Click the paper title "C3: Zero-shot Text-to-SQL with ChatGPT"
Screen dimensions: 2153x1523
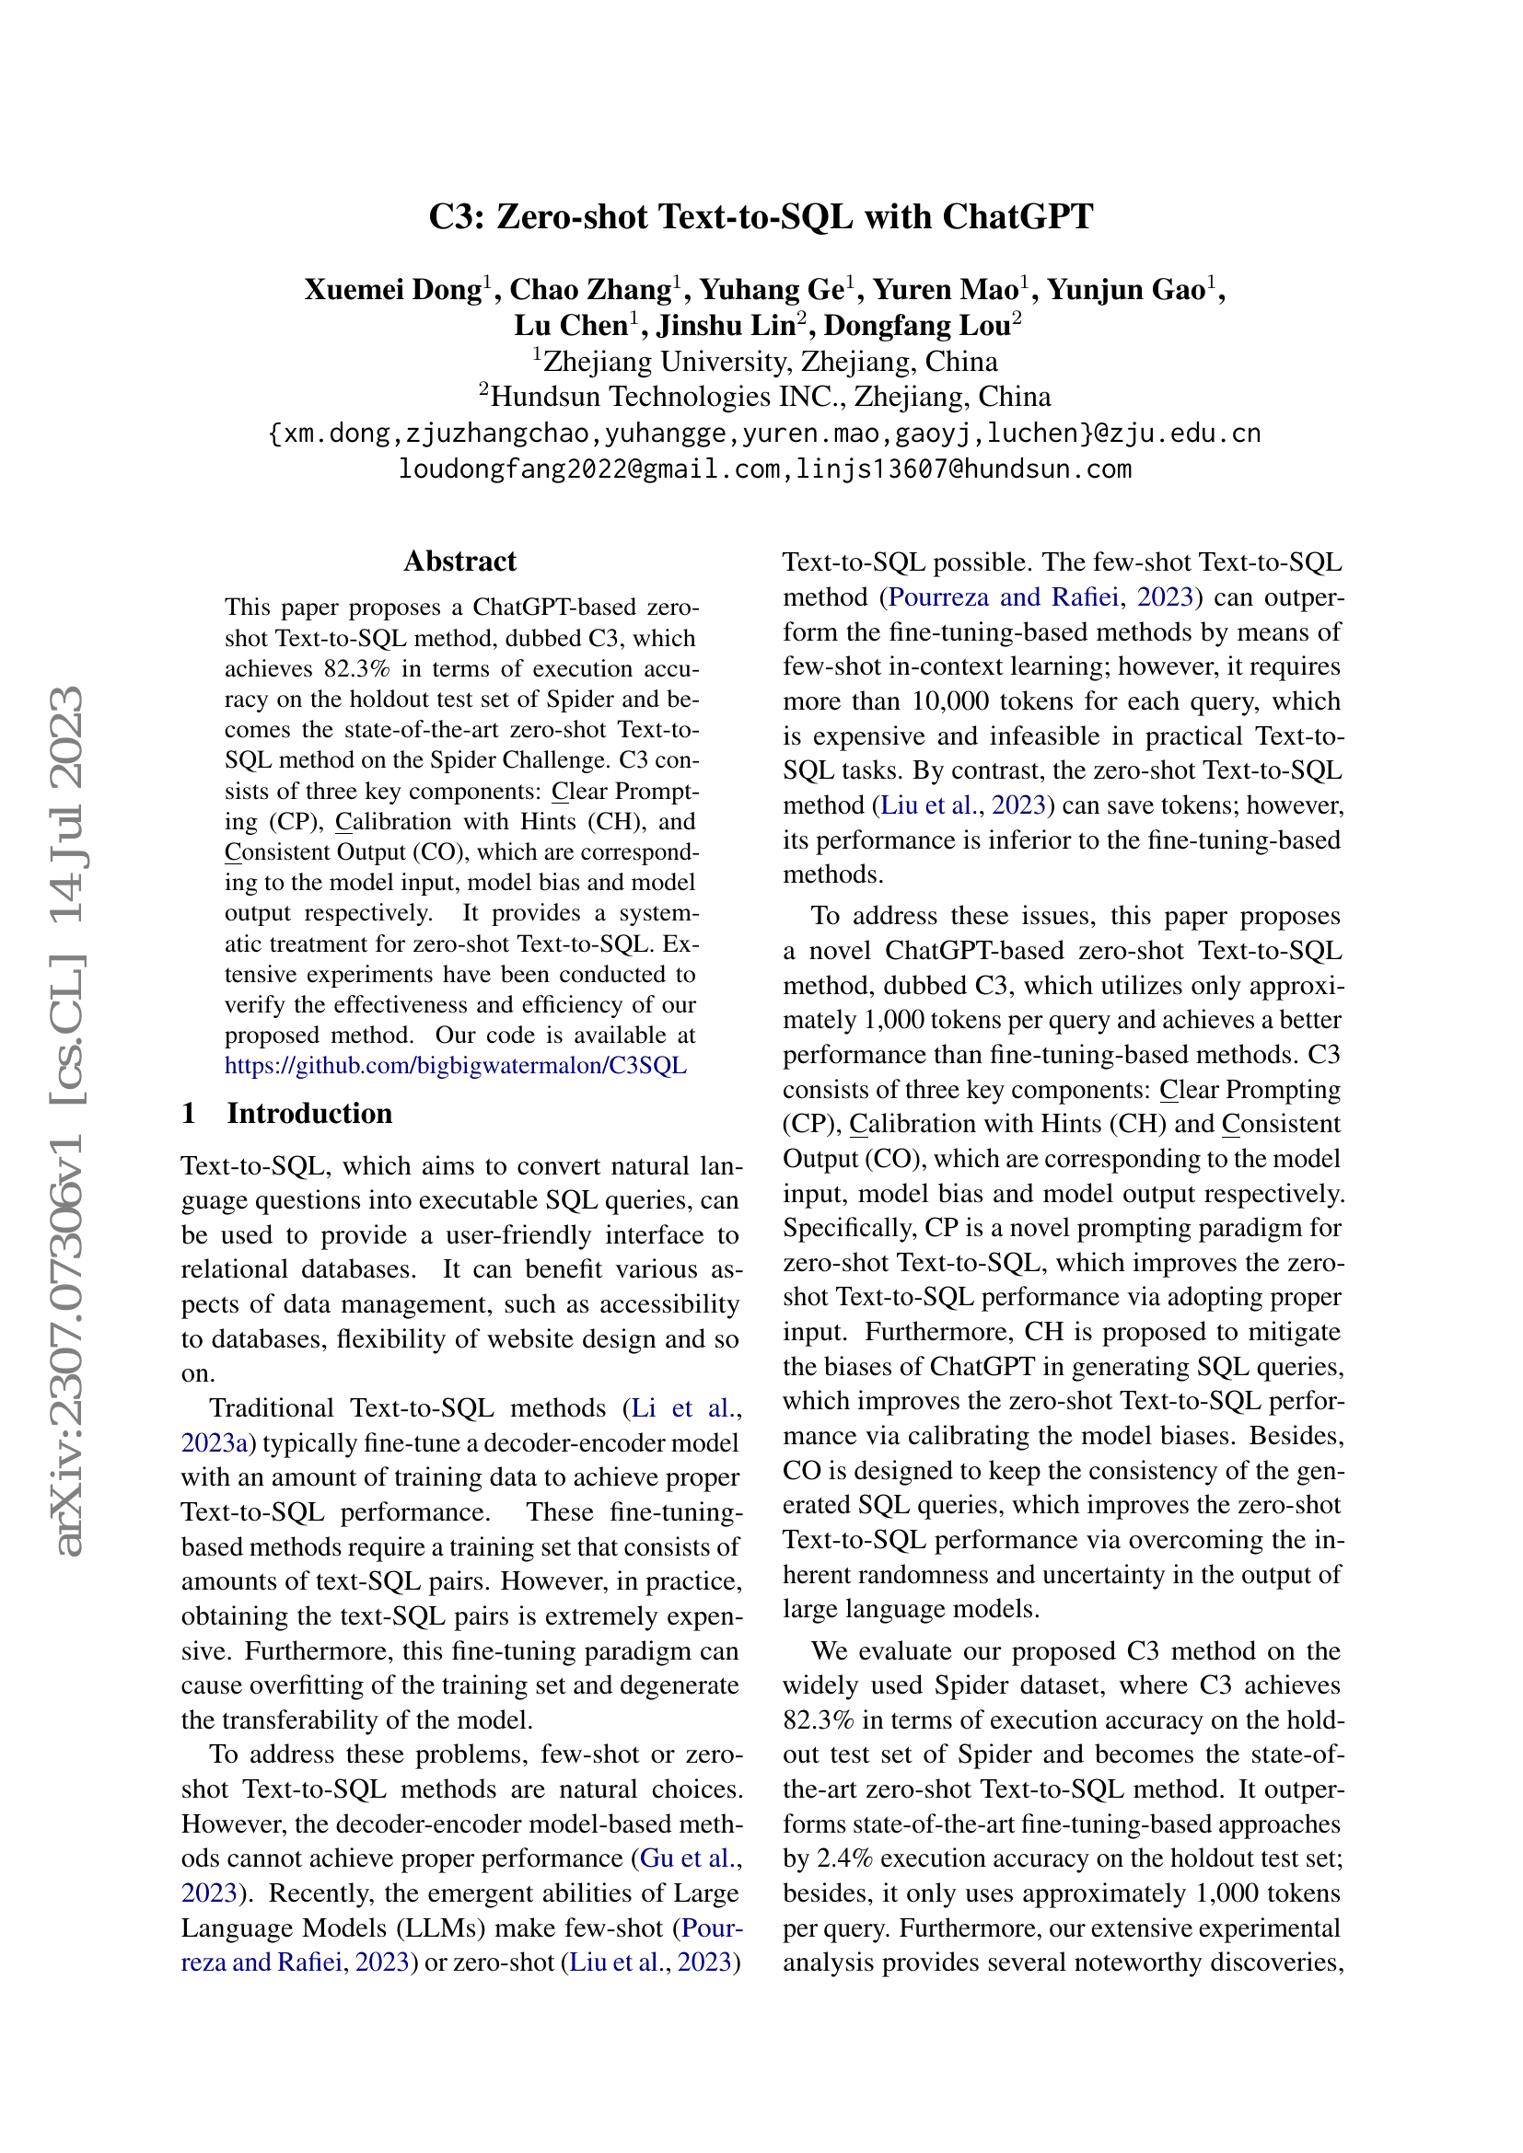[x=761, y=216]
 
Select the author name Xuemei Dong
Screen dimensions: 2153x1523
[x=393, y=290]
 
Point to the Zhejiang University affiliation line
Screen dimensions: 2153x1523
[x=764, y=361]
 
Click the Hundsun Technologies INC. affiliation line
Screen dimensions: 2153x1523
[x=764, y=397]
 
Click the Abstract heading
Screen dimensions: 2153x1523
[x=459, y=561]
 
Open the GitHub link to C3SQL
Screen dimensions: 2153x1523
[x=456, y=1065]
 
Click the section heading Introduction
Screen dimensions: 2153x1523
[x=309, y=1113]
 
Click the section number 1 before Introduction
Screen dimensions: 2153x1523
[x=189, y=1113]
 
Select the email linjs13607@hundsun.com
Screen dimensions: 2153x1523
[x=963, y=468]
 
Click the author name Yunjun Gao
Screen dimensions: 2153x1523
[x=1126, y=290]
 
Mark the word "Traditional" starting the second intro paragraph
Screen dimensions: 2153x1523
[x=272, y=1407]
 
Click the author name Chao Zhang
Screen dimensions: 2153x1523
[x=591, y=290]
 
